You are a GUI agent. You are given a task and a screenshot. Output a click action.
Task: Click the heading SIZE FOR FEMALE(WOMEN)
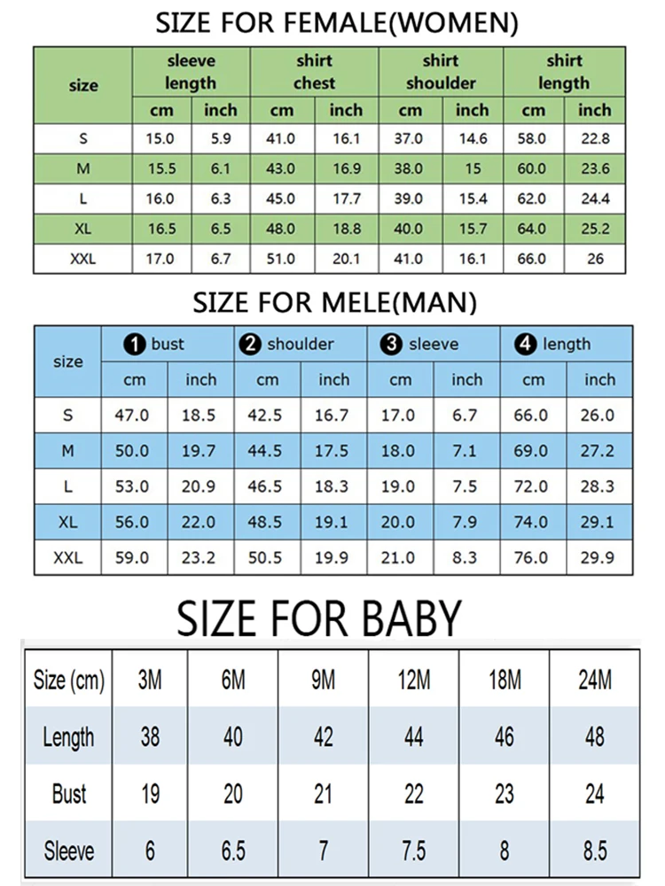click(x=336, y=23)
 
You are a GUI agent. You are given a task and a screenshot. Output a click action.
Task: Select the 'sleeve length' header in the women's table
click(x=191, y=72)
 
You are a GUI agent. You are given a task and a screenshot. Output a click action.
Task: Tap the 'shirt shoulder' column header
click(x=441, y=72)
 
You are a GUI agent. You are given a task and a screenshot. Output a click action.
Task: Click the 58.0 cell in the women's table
click(x=534, y=139)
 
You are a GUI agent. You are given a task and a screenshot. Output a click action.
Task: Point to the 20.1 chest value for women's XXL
click(x=346, y=259)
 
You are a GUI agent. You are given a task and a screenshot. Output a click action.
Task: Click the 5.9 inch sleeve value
click(x=220, y=139)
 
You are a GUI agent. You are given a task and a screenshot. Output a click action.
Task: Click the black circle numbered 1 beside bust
click(x=135, y=345)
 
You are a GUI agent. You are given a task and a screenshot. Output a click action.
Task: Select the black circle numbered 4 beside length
click(x=526, y=345)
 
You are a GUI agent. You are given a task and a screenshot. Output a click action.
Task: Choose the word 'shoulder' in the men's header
click(x=301, y=345)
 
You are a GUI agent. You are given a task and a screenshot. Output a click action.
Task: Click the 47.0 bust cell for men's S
click(x=132, y=416)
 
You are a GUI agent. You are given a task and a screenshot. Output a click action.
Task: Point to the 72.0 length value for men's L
click(x=531, y=486)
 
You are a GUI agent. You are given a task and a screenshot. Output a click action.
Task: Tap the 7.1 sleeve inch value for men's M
click(x=465, y=451)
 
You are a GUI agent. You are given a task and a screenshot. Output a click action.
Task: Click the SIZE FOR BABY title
click(x=319, y=618)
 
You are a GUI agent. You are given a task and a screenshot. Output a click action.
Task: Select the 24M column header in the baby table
click(x=594, y=680)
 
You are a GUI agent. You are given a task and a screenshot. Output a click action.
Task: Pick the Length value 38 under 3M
click(x=150, y=736)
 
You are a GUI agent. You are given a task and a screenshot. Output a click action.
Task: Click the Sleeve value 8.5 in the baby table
click(x=594, y=851)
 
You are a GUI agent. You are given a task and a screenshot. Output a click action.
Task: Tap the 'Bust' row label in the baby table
click(x=68, y=793)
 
